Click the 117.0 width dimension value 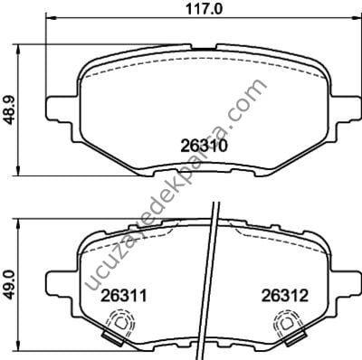coord(204,8)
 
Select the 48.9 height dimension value coord(9,110)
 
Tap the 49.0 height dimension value coord(9,285)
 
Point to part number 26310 coord(204,147)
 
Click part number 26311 coord(124,296)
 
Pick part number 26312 coord(285,296)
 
